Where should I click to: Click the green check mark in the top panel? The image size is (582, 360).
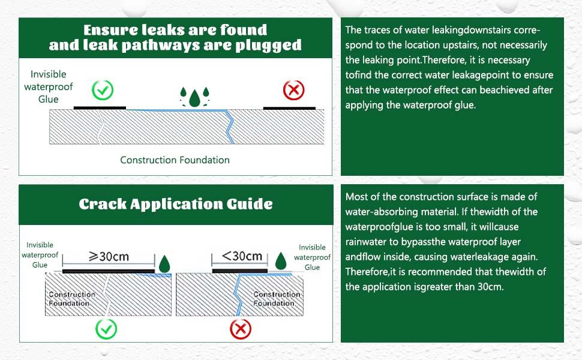point(103,90)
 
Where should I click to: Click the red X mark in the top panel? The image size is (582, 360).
point(293,90)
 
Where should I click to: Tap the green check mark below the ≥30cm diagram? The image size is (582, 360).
point(106,328)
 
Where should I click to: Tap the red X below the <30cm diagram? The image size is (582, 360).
point(241,328)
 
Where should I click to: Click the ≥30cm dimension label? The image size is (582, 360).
point(109,256)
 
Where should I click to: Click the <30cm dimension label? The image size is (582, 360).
point(242,256)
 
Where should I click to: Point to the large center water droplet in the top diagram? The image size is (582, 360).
point(194,98)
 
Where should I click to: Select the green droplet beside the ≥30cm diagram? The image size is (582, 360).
point(164,264)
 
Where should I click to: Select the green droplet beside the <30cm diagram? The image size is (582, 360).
point(281,261)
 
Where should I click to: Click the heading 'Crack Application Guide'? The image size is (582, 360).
point(176,204)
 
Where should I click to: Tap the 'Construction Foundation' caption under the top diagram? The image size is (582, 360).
point(175,160)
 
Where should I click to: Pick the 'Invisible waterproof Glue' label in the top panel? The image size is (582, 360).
point(48,87)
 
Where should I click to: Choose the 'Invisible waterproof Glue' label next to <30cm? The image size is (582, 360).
point(312,257)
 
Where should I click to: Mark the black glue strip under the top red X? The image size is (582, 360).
point(290,109)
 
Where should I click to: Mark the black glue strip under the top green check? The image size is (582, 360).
point(100,108)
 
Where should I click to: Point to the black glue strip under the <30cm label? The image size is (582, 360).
point(240,271)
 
